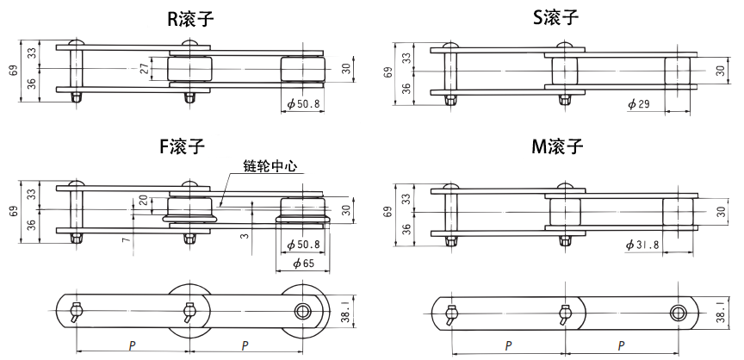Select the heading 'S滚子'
pyautogui.click(x=558, y=19)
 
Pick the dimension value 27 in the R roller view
pyautogui.click(x=145, y=68)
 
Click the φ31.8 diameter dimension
pyautogui.click(x=642, y=245)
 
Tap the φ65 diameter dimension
pyautogui.click(x=302, y=263)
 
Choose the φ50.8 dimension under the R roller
pyautogui.click(x=302, y=104)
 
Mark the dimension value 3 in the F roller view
pyautogui.click(x=245, y=235)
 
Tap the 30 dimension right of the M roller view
pyautogui.click(x=720, y=211)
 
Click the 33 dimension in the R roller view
pyautogui.click(x=32, y=53)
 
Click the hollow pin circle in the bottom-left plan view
pyautogui.click(x=302, y=311)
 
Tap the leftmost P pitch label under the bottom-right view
pyautogui.click(x=508, y=345)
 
